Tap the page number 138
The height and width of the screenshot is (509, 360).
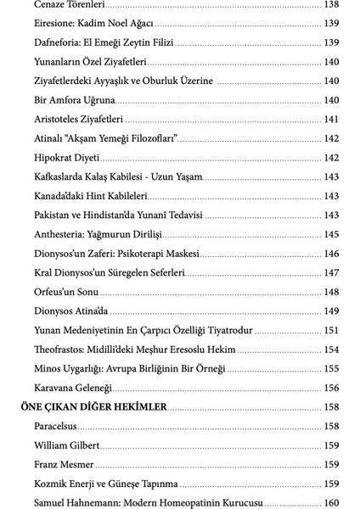click(x=331, y=5)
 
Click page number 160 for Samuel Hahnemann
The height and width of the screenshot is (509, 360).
click(x=331, y=502)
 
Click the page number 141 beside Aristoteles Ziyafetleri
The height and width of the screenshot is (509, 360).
click(x=331, y=119)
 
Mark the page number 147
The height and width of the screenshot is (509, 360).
click(x=331, y=272)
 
